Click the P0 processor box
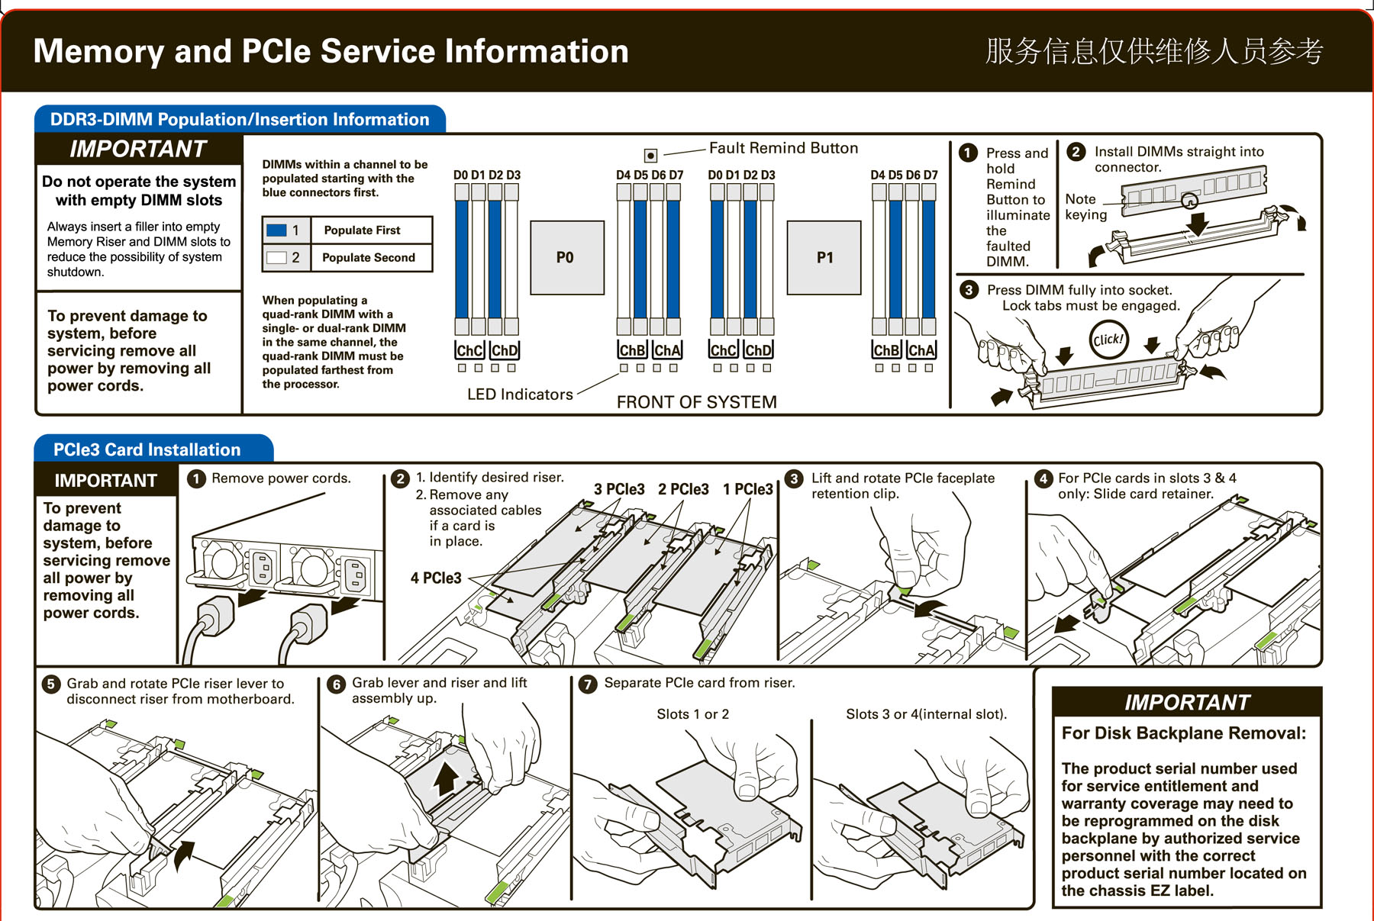tap(566, 257)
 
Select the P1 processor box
tap(824, 257)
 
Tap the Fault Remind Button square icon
tap(650, 156)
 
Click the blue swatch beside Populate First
tap(276, 230)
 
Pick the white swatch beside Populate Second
tap(276, 258)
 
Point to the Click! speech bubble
tap(1108, 340)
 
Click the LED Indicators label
tap(520, 394)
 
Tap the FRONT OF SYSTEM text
tap(696, 402)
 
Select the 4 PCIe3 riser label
tap(436, 578)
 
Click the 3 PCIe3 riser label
tap(619, 489)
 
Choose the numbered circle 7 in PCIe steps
tap(587, 684)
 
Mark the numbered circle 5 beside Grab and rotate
tap(50, 684)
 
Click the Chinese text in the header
tap(1153, 51)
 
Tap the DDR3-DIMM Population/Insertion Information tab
tap(240, 120)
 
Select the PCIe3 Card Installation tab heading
tap(147, 449)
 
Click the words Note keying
tap(1085, 207)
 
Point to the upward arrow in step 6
tap(447, 779)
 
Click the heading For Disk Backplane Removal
tap(1183, 733)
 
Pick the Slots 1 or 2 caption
tap(692, 714)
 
